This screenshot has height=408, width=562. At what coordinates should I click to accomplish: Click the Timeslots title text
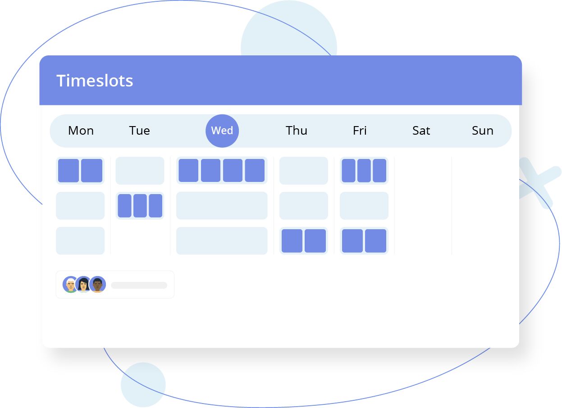[95, 81]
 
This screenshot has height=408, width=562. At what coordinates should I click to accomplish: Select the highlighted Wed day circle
[222, 131]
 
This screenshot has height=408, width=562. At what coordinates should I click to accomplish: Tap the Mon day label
[81, 131]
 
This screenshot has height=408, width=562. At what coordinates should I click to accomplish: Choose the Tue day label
[140, 131]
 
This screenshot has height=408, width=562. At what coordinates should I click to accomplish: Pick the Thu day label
[296, 131]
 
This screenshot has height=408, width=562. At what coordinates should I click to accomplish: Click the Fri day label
[360, 131]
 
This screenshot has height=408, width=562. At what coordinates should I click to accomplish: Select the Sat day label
[421, 131]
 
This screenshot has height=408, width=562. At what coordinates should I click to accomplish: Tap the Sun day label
[483, 131]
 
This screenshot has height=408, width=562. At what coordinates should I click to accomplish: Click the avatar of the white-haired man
[70, 284]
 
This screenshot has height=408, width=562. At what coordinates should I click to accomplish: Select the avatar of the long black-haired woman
[83, 284]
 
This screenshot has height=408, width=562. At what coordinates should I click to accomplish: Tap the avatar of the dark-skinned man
[98, 284]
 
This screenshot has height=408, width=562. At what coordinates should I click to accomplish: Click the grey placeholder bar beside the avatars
[139, 286]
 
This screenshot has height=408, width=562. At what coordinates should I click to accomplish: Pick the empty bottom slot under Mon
[80, 241]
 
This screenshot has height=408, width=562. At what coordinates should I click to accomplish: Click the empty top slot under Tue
[140, 171]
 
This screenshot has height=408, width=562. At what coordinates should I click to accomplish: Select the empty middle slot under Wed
[222, 206]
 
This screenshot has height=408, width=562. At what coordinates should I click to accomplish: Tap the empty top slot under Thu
[304, 171]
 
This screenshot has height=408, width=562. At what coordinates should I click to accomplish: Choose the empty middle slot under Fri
[364, 206]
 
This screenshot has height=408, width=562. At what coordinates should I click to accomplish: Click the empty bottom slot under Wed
[222, 241]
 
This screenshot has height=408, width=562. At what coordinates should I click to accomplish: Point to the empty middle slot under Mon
[80, 206]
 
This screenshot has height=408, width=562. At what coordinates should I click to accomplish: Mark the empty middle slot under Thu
[304, 206]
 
